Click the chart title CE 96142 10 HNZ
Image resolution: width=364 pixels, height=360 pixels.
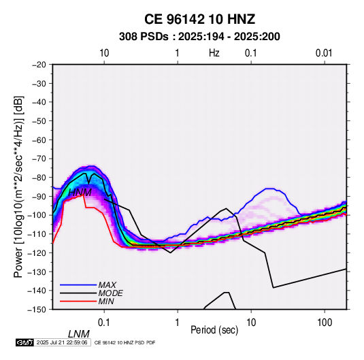[x=199, y=19]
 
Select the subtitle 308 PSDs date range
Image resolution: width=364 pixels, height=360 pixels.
[x=199, y=37]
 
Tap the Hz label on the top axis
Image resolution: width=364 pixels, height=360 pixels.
[x=214, y=53]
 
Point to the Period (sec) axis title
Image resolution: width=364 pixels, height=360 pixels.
[x=214, y=330]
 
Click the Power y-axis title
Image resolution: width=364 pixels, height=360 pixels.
[x=18, y=187]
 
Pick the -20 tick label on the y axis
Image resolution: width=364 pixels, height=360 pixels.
[x=39, y=65]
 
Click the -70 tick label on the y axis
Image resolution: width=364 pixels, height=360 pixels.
[x=39, y=159]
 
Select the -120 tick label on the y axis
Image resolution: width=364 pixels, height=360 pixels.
[x=37, y=252]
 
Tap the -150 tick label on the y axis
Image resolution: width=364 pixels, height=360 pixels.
[x=37, y=310]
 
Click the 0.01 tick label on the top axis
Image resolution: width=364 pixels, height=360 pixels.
[x=324, y=53]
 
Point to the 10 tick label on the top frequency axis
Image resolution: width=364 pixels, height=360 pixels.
[x=104, y=53]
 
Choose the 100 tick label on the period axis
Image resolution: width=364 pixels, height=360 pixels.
[x=325, y=323]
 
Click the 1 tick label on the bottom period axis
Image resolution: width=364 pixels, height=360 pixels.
[x=178, y=323]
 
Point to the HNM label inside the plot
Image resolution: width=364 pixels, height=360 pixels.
[x=80, y=193]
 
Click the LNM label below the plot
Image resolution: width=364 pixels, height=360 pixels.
[x=78, y=334]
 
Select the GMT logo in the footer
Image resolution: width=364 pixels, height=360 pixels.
[x=24, y=342]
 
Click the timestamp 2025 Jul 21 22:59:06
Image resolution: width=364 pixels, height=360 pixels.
[x=62, y=342]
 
